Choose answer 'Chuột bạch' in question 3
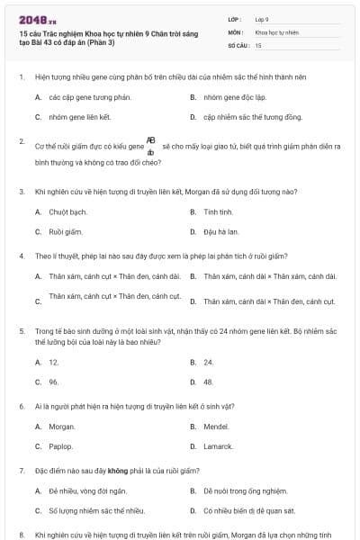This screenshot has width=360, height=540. (x=67, y=211)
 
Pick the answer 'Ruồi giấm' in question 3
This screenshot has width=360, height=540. (x=66, y=231)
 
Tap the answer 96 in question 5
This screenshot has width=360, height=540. (x=54, y=382)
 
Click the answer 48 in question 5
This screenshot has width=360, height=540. (x=209, y=382)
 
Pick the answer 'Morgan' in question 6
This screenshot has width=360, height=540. (x=62, y=426)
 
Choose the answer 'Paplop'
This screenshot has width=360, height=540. (x=61, y=445)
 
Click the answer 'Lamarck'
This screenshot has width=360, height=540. (x=219, y=445)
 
